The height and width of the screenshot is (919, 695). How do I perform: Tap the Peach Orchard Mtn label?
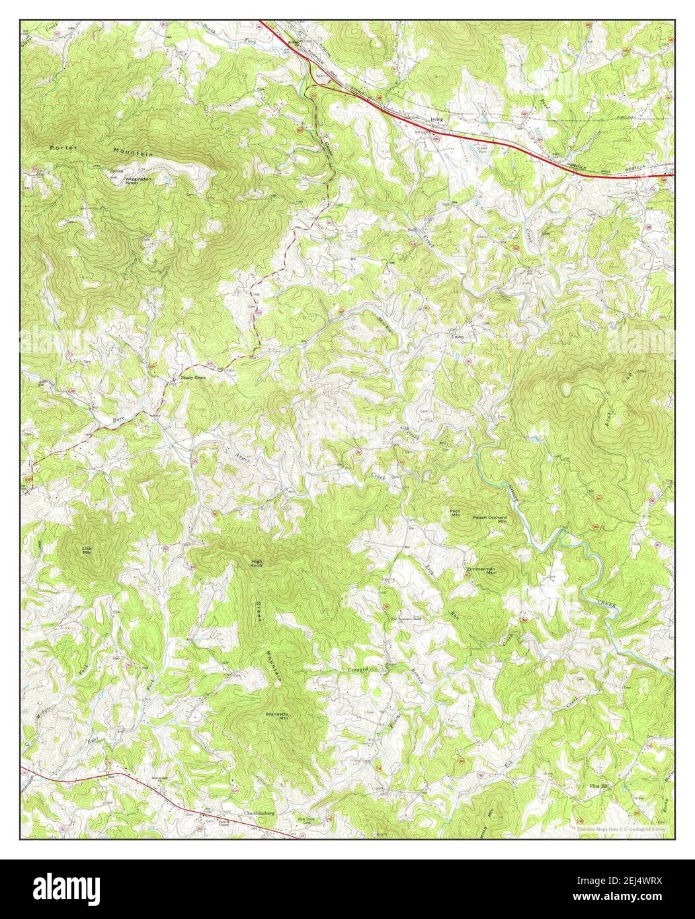click(490, 520)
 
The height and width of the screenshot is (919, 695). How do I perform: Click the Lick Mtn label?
click(87, 550)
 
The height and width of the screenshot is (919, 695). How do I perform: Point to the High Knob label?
click(257, 564)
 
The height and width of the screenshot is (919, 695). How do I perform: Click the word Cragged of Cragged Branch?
click(358, 670)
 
